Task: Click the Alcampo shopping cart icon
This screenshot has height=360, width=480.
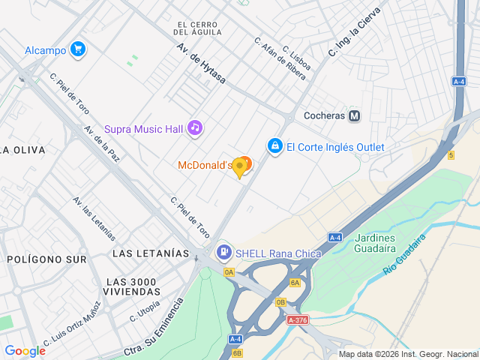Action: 77,50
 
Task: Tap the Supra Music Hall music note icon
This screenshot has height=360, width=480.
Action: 195,128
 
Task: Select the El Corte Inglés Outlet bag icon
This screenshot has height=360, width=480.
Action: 275,145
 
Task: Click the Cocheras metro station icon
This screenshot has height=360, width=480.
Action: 355,116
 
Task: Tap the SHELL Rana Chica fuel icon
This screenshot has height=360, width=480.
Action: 223,253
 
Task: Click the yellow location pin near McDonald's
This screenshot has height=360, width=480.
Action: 240,168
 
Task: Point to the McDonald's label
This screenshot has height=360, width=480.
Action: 205,165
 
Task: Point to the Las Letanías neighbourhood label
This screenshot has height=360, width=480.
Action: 151,253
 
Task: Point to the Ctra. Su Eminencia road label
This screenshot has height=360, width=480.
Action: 154,331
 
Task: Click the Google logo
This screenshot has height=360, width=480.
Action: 25,350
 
